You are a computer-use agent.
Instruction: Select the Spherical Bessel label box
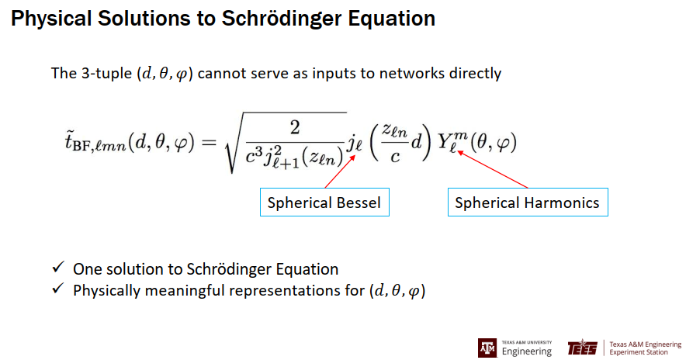tap(324, 202)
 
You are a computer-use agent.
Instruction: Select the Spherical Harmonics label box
tap(528, 202)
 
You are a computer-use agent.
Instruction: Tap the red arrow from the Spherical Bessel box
tap(340, 172)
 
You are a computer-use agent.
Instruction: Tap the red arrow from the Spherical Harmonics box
tap(493, 170)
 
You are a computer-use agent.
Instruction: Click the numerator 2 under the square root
tap(295, 127)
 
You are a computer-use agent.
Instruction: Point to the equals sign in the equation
tap(209, 142)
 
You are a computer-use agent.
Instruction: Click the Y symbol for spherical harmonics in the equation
tap(446, 141)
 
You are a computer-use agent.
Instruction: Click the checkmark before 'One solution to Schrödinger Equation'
tap(58, 266)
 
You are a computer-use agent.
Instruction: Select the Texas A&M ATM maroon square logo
tap(487, 348)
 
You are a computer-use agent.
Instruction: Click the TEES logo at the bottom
tap(582, 348)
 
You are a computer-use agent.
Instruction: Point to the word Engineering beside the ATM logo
tap(527, 351)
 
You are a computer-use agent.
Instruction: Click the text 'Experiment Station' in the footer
tap(639, 352)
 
